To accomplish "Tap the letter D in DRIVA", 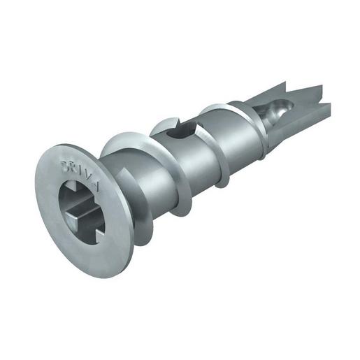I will point(68,165).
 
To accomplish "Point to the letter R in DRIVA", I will point(75,167).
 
